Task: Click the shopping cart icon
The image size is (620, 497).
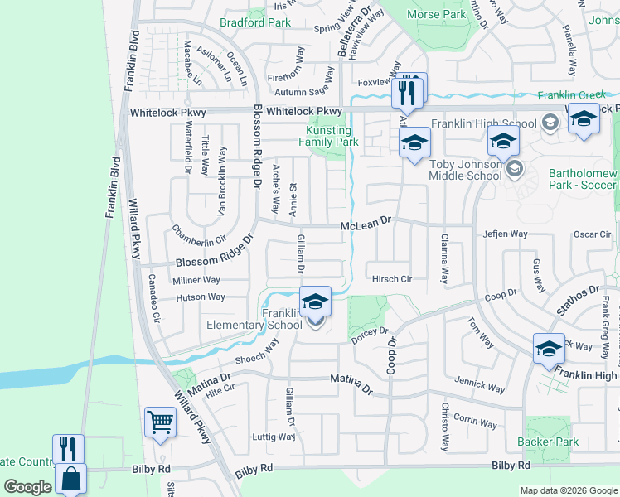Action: (160, 422)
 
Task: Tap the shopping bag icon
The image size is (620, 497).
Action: (71, 479)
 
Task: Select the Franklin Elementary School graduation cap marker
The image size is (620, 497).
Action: (315, 302)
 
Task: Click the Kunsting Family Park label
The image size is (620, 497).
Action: (332, 136)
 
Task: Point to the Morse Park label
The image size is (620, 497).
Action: (437, 14)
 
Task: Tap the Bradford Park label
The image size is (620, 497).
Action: (255, 22)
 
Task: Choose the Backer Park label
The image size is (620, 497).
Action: (549, 442)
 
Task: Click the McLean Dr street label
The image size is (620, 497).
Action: (365, 224)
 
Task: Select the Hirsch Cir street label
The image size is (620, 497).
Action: (392, 280)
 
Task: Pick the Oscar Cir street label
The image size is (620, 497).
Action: (592, 234)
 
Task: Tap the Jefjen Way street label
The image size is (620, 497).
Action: (506, 234)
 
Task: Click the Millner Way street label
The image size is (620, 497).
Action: (196, 281)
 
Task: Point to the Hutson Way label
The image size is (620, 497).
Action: (200, 297)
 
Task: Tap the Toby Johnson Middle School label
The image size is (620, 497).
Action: (466, 170)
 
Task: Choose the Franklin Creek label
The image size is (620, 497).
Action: (571, 95)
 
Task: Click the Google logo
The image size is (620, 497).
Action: (27, 487)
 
